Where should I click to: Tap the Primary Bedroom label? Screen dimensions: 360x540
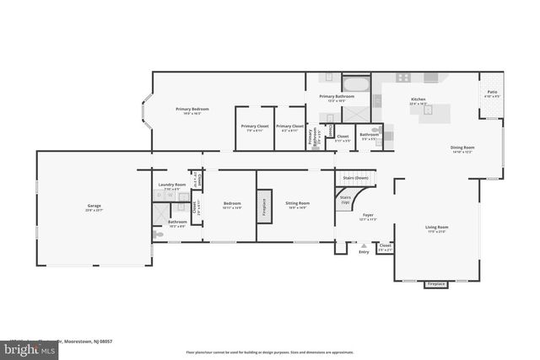coord(192,110)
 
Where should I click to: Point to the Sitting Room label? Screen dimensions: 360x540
coord(297,203)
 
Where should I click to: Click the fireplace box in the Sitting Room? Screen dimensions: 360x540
coord(263,207)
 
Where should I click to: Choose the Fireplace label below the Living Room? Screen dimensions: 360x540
coord(436,284)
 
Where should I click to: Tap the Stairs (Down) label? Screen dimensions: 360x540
coord(355,179)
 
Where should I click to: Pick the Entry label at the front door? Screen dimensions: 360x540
coord(364,251)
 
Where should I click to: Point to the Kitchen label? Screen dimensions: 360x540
coord(418,99)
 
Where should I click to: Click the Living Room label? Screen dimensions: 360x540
coord(436,228)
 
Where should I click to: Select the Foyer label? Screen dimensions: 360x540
coord(368,216)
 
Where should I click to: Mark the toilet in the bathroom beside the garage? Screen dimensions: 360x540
coord(156,228)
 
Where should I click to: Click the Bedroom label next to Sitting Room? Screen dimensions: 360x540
coord(232,203)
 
